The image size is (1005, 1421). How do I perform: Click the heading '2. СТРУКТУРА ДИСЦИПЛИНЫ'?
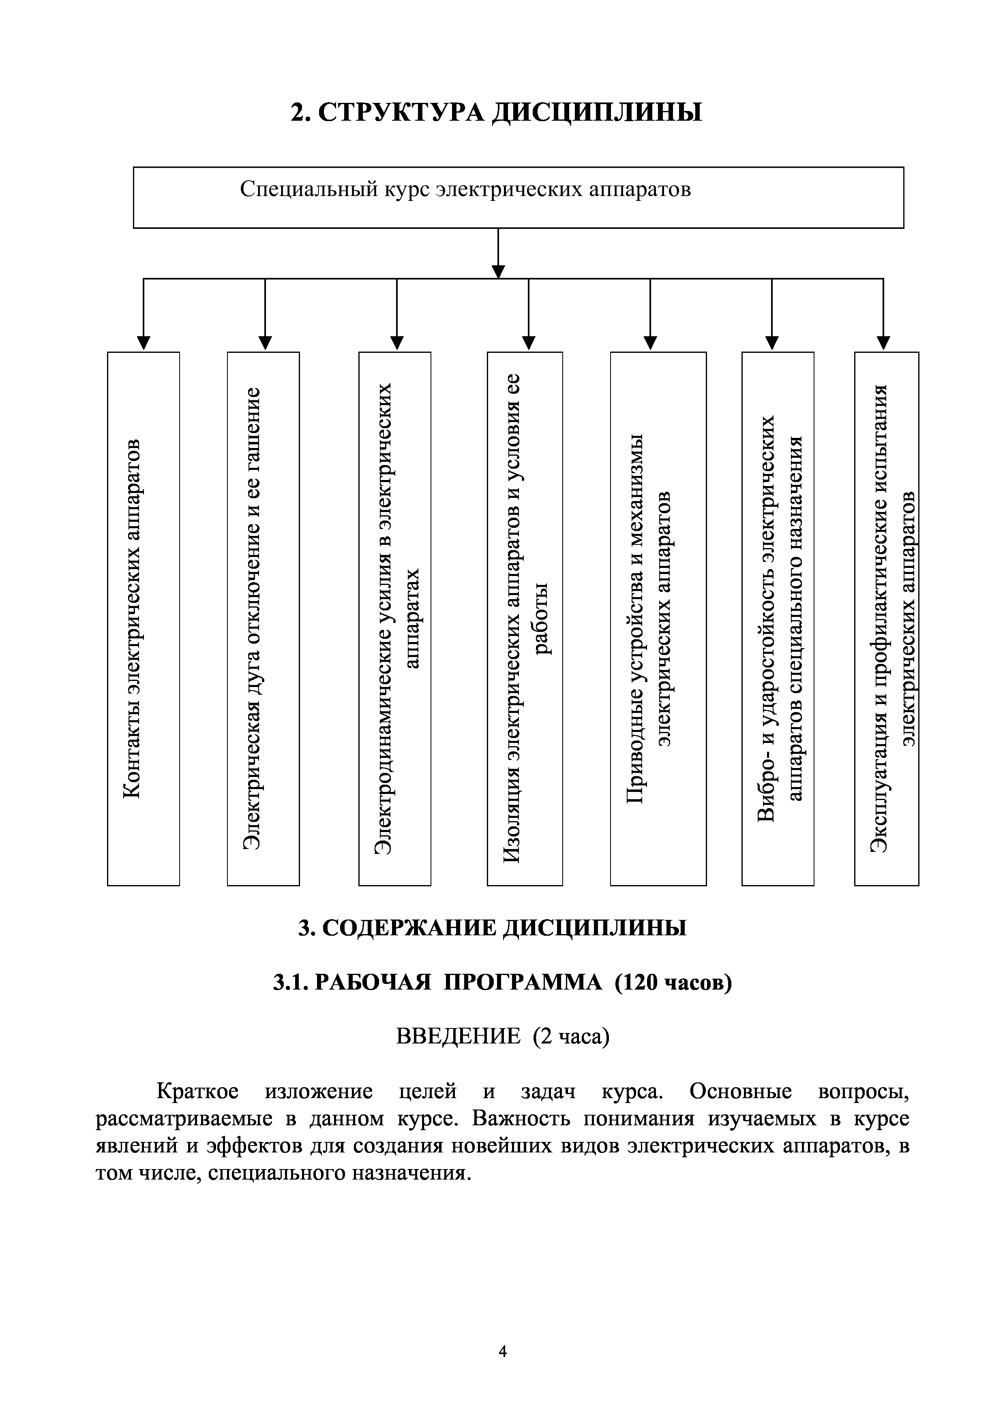pos(497,112)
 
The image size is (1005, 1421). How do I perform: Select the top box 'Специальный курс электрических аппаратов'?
pos(518,197)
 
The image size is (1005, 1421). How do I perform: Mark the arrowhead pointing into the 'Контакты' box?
pos(144,343)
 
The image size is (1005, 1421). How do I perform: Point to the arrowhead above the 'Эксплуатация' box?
pos(884,343)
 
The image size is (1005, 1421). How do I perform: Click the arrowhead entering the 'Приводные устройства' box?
pos(650,343)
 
